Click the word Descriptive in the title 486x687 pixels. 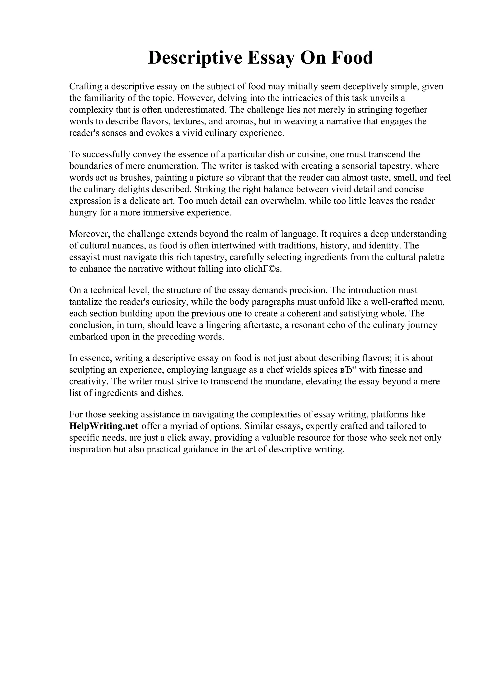pyautogui.click(x=195, y=58)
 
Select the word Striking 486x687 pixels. pyautogui.click(x=207, y=189)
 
